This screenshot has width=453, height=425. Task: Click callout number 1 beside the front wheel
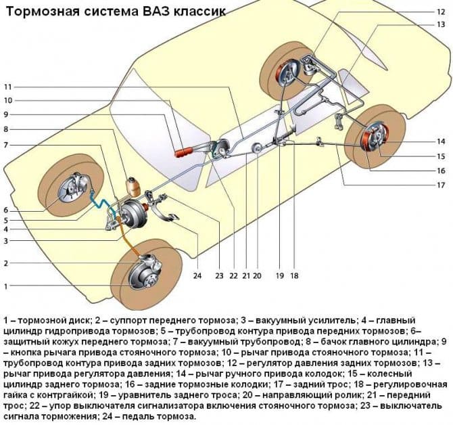(6, 286)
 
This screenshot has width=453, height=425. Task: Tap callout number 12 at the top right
(441, 11)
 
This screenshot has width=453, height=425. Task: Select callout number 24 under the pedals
(197, 275)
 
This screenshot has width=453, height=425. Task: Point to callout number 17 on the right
(440, 185)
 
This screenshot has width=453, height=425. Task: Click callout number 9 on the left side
(6, 114)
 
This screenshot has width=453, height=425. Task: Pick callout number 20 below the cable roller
(257, 275)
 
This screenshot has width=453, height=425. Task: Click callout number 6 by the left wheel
(6, 210)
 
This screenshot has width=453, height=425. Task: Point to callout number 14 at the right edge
(440, 141)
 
